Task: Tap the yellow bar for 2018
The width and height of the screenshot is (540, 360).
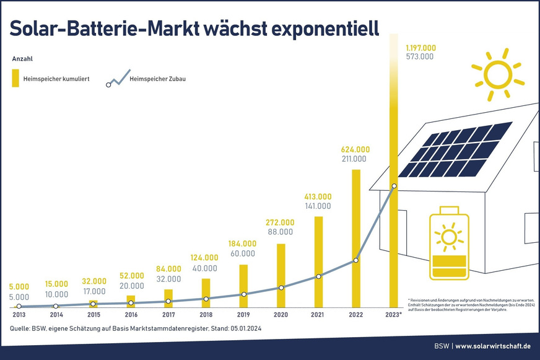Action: point(206,292)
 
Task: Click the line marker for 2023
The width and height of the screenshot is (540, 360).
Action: point(394,186)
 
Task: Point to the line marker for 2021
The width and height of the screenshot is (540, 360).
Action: point(319,276)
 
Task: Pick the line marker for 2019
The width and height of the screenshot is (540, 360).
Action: point(244,294)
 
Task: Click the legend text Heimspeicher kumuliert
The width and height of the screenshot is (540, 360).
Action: point(56,79)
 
